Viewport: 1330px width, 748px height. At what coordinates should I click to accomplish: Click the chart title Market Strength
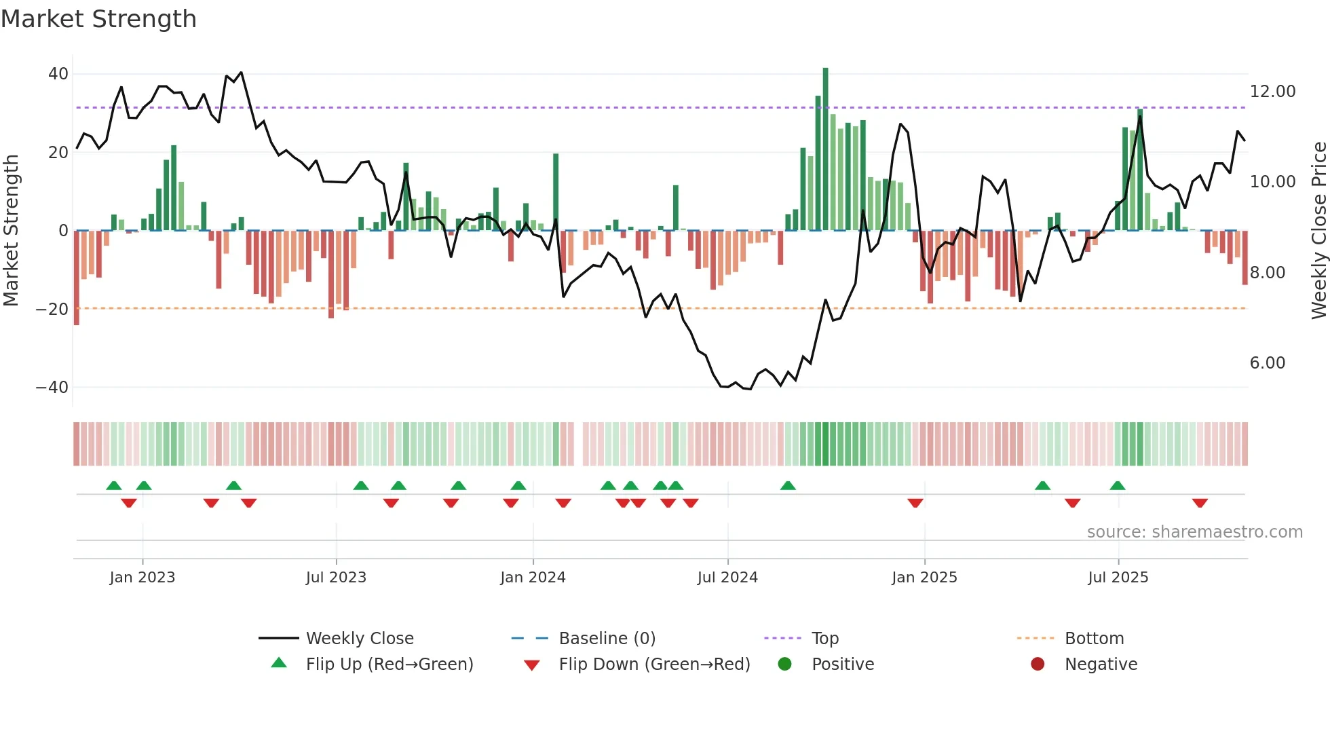98,19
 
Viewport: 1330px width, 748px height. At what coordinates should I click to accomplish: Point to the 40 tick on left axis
58,74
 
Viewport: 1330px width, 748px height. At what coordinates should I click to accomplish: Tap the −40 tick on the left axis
52,388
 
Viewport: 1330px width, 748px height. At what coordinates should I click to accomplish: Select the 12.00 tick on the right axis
1272,92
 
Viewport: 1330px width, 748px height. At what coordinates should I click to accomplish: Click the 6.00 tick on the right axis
1267,363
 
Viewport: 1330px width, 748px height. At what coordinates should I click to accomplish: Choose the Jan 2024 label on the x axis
533,578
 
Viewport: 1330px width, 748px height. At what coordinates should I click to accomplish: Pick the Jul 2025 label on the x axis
1118,578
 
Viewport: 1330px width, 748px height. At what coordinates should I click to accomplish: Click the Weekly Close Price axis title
1318,231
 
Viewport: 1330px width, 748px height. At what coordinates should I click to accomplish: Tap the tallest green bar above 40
825,149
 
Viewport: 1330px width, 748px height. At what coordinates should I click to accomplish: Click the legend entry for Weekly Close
359,639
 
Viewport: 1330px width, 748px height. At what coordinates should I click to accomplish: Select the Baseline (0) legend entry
607,639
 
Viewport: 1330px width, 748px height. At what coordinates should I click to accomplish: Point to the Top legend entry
824,639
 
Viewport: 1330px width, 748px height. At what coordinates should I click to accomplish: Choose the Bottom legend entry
1094,639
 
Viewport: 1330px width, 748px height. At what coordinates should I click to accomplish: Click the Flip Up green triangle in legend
279,663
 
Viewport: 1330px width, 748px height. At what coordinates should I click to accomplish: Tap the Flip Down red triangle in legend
532,665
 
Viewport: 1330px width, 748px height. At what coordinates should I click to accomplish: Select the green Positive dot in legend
784,665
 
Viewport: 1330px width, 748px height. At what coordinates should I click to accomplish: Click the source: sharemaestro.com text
1194,532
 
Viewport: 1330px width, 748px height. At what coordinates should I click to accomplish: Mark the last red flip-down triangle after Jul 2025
1200,503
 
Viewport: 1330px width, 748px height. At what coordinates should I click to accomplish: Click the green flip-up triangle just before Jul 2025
1117,485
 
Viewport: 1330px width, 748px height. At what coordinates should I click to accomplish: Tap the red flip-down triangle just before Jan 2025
915,503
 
